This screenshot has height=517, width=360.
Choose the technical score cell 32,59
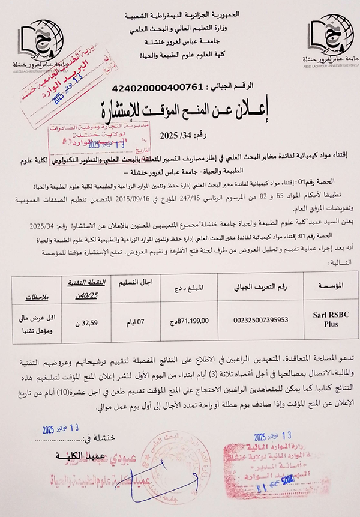coord(95,322)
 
